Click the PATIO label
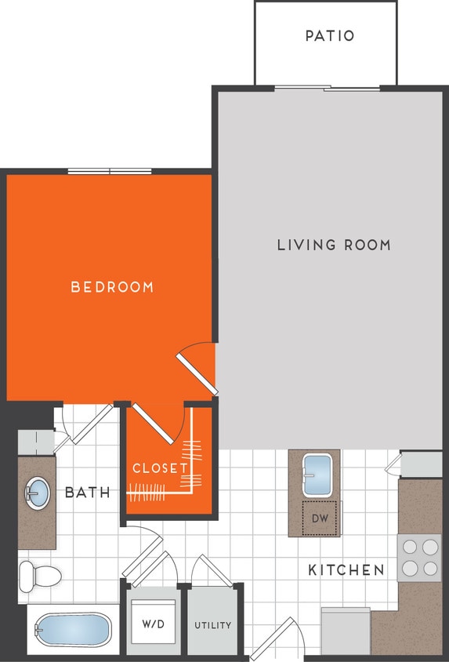(329, 36)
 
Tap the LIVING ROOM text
(334, 245)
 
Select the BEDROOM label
(112, 287)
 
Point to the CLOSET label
(160, 468)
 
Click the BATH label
(87, 493)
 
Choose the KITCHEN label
(346, 569)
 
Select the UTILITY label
(213, 625)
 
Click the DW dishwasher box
(319, 518)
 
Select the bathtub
(73, 629)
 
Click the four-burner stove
(418, 557)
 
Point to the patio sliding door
(326, 88)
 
